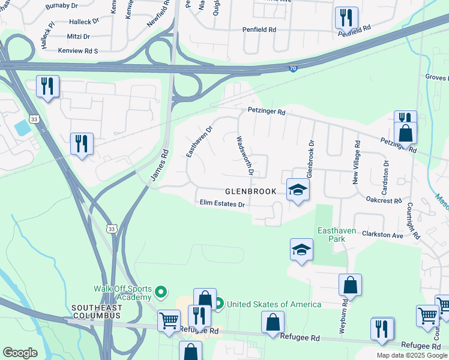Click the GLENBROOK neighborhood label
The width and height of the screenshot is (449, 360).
click(250, 191)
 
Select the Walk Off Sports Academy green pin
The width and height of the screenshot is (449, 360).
click(161, 292)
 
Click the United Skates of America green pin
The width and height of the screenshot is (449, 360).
click(220, 304)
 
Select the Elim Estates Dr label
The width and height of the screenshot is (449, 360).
click(223, 204)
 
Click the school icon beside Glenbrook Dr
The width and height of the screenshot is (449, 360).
click(297, 190)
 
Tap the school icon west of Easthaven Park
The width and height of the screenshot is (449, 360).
click(301, 250)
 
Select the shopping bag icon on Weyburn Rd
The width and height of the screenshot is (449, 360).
click(350, 285)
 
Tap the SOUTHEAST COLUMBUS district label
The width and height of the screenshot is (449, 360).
click(97, 311)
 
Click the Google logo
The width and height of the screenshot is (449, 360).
click(20, 352)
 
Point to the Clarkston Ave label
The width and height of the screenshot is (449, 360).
click(382, 235)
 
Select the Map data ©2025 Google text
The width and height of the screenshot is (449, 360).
click(411, 355)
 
